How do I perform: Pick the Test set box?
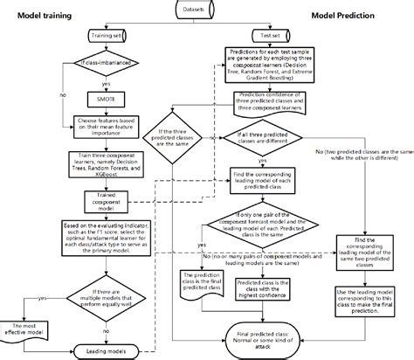[x=270, y=36]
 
